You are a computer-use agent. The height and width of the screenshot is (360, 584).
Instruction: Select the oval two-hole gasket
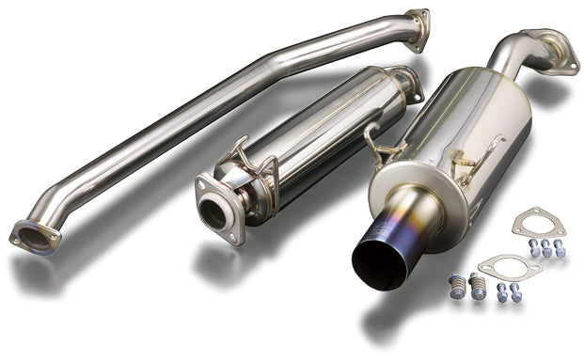coord(509,268)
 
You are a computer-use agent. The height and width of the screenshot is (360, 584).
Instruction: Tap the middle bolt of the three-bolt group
coord(546,249)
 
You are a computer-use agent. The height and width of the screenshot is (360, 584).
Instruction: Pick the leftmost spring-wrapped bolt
coord(458,287)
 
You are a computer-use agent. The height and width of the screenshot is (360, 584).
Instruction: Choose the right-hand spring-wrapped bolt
coord(478,285)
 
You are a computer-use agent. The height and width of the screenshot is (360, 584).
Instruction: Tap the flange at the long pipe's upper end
coord(417,29)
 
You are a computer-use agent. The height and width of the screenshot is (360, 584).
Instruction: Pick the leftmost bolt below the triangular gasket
coord(533,249)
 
